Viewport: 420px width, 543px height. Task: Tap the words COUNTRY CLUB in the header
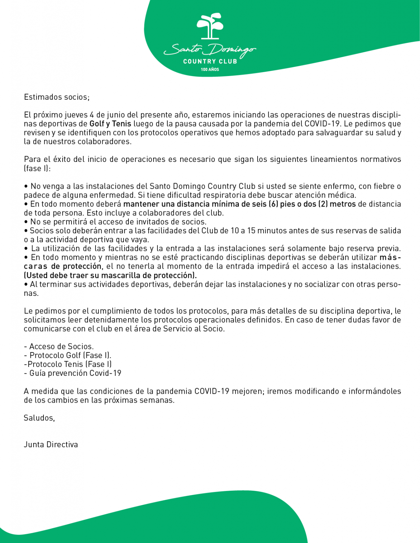pos(210,62)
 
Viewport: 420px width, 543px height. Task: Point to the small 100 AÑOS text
pos(210,70)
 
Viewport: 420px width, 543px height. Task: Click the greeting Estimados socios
pos(57,97)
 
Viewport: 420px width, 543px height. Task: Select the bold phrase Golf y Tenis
pos(110,124)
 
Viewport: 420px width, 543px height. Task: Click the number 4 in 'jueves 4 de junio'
pos(92,115)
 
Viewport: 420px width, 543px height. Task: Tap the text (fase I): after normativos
pos(38,169)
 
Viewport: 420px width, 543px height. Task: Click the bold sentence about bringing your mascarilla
pos(110,275)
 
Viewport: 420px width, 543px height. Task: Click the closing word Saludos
pos(39,418)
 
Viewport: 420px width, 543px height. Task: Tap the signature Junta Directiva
pos(51,445)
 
